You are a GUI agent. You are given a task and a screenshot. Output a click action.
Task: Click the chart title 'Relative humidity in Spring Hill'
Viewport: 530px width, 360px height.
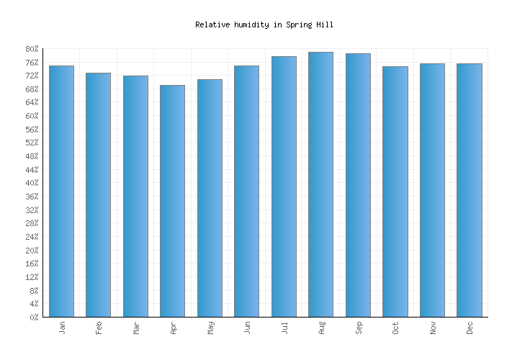click(264, 24)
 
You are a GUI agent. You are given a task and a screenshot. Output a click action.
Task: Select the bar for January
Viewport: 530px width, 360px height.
click(61, 191)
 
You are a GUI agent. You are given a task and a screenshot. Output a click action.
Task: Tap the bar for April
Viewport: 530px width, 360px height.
click(172, 201)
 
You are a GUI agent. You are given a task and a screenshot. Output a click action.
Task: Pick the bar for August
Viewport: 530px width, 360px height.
click(320, 184)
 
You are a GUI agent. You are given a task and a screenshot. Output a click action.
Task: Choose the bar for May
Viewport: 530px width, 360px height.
click(210, 198)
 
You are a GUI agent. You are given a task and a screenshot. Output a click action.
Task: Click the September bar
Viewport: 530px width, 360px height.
click(358, 185)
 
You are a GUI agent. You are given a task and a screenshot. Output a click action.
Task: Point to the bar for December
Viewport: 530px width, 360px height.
click(469, 190)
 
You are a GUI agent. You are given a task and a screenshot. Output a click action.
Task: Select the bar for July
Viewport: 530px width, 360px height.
click(284, 186)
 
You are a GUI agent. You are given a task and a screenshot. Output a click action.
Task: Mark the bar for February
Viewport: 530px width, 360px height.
click(98, 194)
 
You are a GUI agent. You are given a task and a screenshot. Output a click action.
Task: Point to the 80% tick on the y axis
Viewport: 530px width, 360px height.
click(32, 49)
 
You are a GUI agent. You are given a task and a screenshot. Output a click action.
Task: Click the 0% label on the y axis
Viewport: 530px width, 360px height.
click(34, 318)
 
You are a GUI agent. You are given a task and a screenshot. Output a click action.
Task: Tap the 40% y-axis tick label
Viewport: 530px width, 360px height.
click(32, 184)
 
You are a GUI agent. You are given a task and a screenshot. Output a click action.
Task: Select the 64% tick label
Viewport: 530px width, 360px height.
click(32, 103)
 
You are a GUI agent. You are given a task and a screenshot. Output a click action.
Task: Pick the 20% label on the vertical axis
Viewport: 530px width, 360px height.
click(32, 251)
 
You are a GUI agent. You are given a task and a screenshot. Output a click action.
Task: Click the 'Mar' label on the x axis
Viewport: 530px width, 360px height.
click(136, 328)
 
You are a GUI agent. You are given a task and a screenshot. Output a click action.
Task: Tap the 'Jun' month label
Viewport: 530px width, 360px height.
click(247, 328)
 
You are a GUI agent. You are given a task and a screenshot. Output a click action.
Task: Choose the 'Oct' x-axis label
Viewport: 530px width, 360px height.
click(395, 328)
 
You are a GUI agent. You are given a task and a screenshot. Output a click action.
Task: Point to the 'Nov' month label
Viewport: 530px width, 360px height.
click(433, 328)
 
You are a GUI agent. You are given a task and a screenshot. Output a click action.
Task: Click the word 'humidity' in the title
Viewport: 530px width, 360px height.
click(252, 24)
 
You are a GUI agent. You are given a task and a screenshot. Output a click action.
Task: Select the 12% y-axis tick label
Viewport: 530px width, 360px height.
click(32, 277)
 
